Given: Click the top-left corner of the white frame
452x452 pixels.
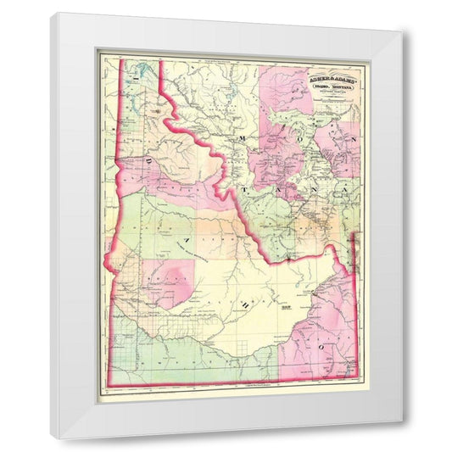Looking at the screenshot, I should (x=49, y=14).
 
